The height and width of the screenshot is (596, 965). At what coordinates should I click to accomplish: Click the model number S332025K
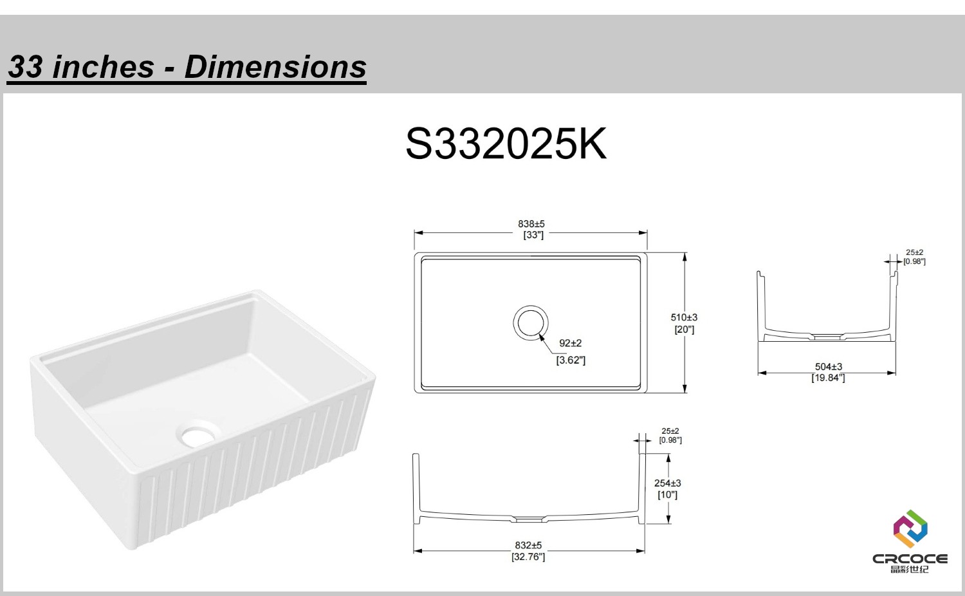click(506, 144)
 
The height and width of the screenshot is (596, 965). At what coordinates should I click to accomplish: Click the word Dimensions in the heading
click(275, 67)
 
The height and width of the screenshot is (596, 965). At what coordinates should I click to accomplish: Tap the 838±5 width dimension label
click(531, 224)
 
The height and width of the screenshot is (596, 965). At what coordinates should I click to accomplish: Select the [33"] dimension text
click(533, 235)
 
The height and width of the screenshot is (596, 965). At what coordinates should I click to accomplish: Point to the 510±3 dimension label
click(684, 317)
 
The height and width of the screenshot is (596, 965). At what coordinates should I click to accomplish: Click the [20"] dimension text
click(684, 330)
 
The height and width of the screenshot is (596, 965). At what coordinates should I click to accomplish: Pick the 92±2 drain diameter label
click(571, 343)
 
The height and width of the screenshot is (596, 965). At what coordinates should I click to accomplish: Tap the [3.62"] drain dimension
click(571, 360)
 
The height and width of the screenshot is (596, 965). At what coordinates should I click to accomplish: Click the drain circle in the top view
click(531, 306)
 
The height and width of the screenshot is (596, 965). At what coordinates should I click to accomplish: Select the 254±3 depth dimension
click(667, 483)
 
